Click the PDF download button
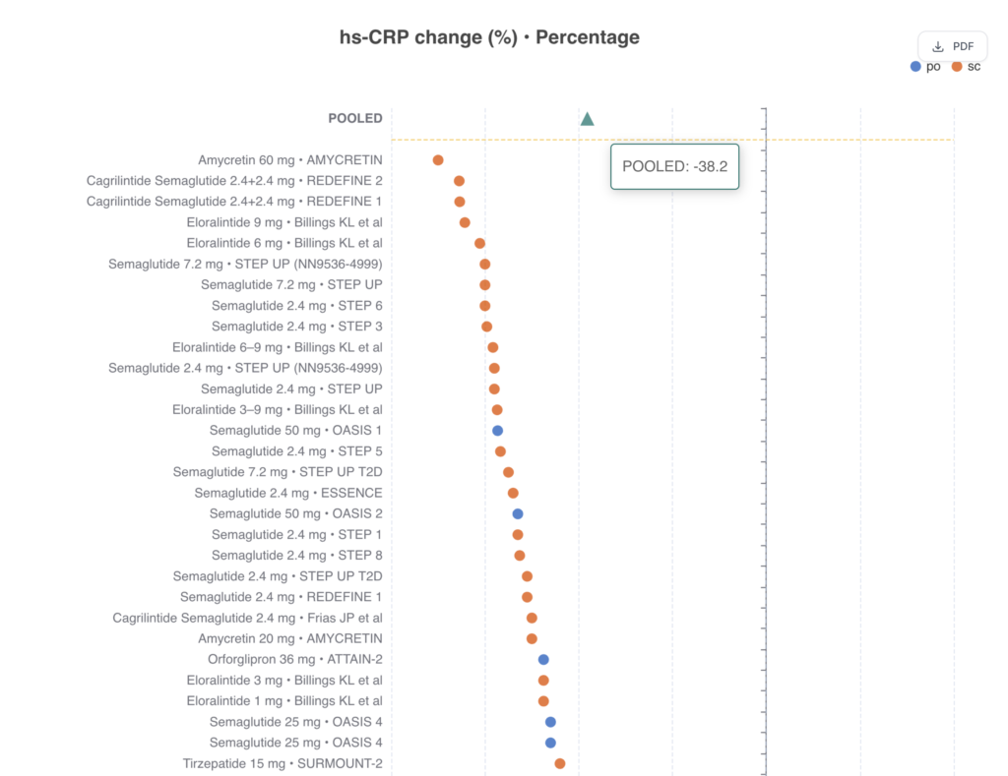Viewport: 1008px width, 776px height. pos(953,46)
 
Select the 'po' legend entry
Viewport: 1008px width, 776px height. pos(925,67)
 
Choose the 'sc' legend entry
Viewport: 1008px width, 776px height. pos(966,67)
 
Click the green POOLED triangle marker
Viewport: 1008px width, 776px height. pos(587,119)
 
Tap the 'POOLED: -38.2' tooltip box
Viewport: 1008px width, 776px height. pos(674,167)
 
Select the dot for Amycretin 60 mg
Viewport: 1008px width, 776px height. pos(438,160)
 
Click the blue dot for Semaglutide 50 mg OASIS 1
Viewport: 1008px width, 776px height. pos(497,431)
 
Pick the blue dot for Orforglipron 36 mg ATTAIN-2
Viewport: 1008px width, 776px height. pos(543,660)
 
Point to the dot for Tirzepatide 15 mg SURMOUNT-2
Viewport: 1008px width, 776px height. pos(560,763)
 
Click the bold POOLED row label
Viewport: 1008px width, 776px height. pos(354,118)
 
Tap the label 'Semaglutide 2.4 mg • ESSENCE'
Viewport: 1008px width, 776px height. pos(288,493)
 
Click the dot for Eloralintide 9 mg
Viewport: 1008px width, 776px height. pos(465,222)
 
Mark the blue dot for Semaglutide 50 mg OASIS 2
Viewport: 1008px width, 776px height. pos(518,513)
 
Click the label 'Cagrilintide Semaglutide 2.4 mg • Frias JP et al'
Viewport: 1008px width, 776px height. pos(247,618)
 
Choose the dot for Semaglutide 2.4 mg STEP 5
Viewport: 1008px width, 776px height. pos(500,451)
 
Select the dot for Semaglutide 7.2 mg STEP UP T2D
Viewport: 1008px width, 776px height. pos(508,472)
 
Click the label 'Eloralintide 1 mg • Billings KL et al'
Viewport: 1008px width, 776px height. pos(284,701)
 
